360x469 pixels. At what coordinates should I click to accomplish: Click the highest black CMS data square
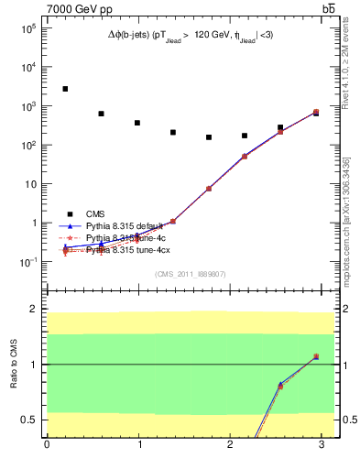click(x=65, y=89)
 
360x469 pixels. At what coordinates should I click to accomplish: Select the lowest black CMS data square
click(x=209, y=137)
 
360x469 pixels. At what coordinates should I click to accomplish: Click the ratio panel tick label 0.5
click(x=28, y=420)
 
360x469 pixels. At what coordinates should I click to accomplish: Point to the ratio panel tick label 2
click(x=32, y=310)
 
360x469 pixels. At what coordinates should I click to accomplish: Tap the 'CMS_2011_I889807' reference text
click(x=191, y=274)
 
